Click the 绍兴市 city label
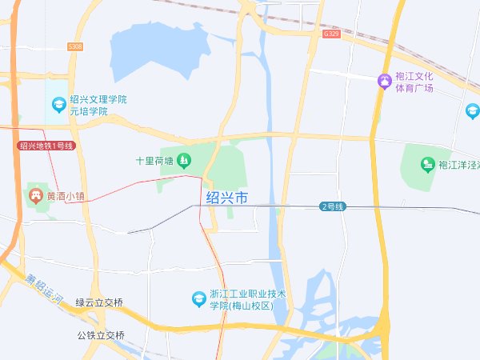tap(227, 197)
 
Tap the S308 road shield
tap(75, 47)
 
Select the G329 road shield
tap(332, 34)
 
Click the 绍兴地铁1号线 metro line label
tap(46, 146)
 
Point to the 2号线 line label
tap(332, 206)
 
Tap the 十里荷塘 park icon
tap(185, 161)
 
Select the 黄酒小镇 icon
tap(34, 194)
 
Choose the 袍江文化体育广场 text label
tap(414, 82)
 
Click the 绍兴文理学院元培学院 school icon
tap(58, 104)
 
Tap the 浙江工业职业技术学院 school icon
tap(198, 299)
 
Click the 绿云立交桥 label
tap(100, 302)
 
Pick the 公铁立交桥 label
tap(102, 335)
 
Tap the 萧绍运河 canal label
tap(43, 288)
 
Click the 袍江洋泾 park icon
tap(427, 164)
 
